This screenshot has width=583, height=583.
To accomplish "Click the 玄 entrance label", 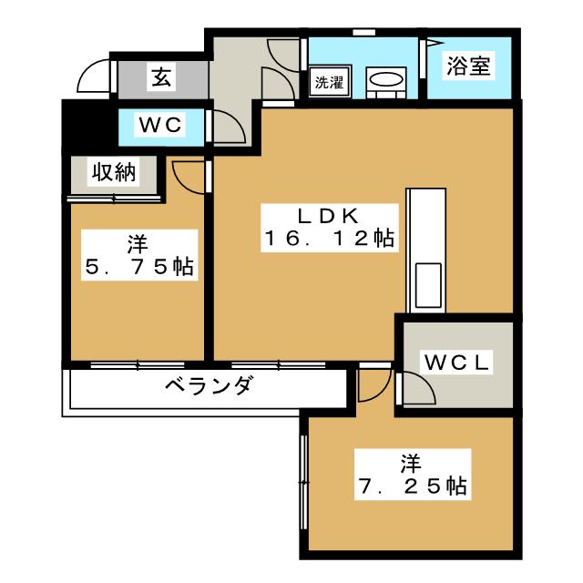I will tap(159, 78).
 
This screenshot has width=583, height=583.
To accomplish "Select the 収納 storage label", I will tap(113, 173).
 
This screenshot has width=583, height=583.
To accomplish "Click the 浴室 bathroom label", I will tap(468, 66).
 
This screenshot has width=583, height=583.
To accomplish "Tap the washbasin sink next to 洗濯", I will tap(386, 82).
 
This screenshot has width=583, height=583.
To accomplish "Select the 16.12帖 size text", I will tap(328, 240).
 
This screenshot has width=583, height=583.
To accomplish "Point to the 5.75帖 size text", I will tap(137, 268).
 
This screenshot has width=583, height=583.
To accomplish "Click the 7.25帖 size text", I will tap(410, 486).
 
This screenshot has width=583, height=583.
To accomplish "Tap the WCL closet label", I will tap(455, 363).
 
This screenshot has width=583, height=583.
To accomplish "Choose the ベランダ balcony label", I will tap(208, 386).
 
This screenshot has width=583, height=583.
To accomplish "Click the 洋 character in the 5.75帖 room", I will tap(137, 244).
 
